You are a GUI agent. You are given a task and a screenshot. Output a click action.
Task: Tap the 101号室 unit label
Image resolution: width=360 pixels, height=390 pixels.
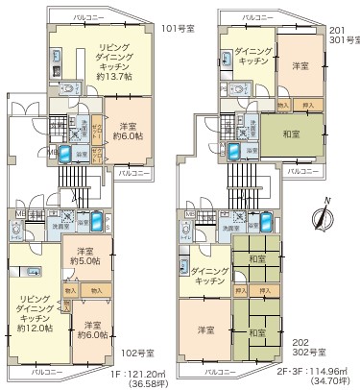(x=177, y=29)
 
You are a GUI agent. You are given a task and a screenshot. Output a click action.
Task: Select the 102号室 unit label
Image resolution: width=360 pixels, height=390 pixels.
(x=147, y=352)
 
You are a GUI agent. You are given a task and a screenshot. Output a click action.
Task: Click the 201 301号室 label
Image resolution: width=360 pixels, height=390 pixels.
(x=343, y=34)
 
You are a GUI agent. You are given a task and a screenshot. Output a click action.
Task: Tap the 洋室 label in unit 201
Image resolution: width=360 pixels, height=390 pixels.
(x=298, y=66)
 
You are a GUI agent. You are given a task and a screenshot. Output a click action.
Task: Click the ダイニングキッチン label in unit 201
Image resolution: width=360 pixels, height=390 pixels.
(x=248, y=56)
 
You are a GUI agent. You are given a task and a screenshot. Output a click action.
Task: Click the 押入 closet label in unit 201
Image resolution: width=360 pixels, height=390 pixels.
(x=307, y=103)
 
